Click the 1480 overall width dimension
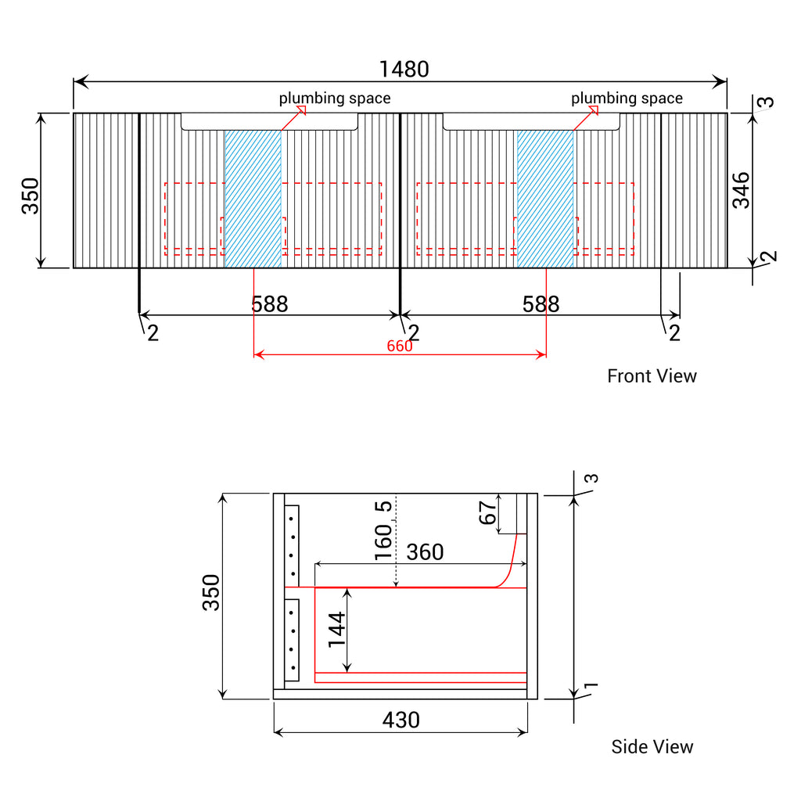point(404,70)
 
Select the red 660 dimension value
point(400,346)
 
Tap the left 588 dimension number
point(270,304)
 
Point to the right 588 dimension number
point(541,304)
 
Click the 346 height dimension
point(742,191)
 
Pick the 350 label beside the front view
point(31,196)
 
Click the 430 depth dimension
point(401,720)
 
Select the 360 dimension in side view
point(425,551)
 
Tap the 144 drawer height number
point(336,630)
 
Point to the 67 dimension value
point(487,512)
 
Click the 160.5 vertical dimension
point(383,530)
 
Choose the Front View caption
point(652,376)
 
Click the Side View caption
point(652,747)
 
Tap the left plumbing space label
point(335,98)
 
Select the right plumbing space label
point(627,98)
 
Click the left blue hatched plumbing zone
point(253,199)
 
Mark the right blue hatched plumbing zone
point(545,199)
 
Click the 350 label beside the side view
point(211,593)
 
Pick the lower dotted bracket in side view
point(292,640)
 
